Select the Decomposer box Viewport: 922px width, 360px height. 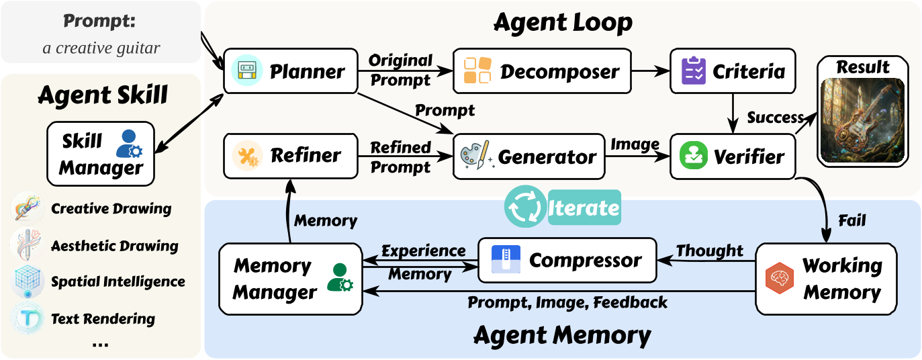[x=542, y=71]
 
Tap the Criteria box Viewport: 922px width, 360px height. [x=733, y=71]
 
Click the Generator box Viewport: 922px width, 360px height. [x=529, y=157]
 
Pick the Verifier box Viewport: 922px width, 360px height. [x=733, y=157]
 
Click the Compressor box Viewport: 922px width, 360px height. [x=567, y=261]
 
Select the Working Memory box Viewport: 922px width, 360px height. [x=826, y=278]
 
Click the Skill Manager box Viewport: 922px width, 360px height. [x=101, y=154]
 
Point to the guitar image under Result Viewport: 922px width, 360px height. [x=863, y=119]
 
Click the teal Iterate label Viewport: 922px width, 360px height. [x=583, y=208]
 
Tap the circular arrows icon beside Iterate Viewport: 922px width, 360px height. [x=524, y=207]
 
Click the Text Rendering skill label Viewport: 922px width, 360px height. [x=103, y=319]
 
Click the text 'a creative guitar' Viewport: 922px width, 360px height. [x=101, y=48]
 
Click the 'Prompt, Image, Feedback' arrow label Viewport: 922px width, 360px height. [x=567, y=302]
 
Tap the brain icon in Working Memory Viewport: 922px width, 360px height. [x=779, y=277]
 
